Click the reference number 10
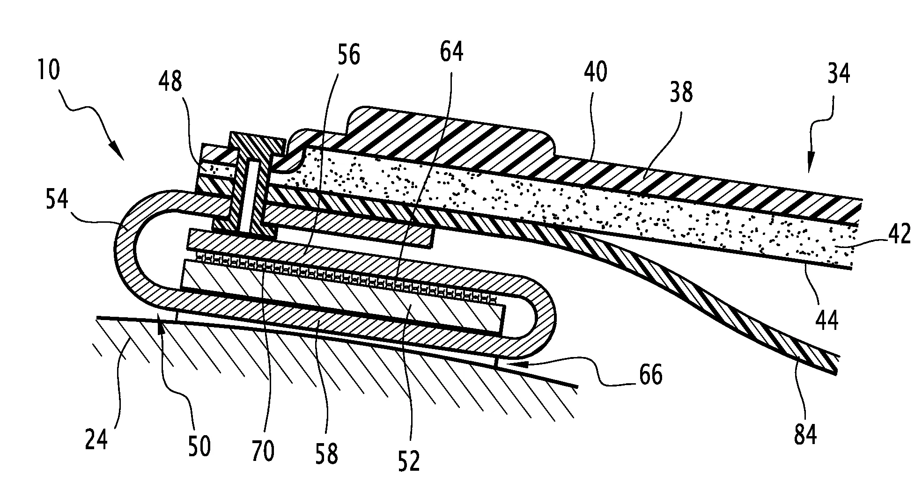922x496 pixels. (48, 71)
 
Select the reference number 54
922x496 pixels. (57, 199)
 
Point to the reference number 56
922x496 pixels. (349, 55)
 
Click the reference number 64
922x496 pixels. (451, 51)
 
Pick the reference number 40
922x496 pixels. (595, 73)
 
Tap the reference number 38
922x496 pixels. (681, 92)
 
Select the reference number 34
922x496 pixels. (838, 74)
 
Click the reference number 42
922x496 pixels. (899, 233)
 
